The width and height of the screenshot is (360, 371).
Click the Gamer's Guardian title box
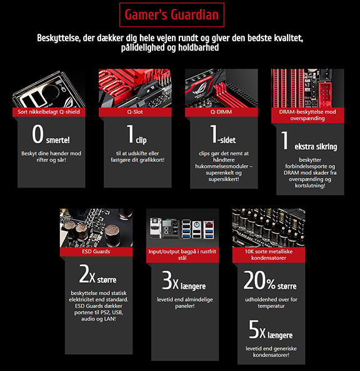point(172,14)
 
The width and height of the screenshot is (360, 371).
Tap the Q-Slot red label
point(135,112)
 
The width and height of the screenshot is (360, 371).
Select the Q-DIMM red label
point(221,112)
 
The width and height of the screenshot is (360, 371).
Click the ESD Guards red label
point(96,252)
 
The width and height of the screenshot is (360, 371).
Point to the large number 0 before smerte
point(38,134)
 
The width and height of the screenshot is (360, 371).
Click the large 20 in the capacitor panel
point(254,280)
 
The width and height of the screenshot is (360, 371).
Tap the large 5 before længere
point(254,329)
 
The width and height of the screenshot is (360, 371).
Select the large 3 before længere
point(167,280)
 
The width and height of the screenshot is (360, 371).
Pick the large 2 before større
point(84,274)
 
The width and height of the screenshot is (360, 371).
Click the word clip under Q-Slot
point(141,141)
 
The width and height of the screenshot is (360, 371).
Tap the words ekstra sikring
point(316,147)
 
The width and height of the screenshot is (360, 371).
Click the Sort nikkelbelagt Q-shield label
point(49,112)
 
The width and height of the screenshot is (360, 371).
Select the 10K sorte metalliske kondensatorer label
point(269,255)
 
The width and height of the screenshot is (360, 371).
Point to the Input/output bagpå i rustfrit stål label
point(182,255)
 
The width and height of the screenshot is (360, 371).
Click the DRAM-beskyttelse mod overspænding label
point(307,115)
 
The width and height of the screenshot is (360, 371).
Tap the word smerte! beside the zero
point(58,140)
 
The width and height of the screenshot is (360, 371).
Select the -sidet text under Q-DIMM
point(227,140)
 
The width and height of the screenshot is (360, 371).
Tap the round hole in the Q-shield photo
point(51,92)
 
